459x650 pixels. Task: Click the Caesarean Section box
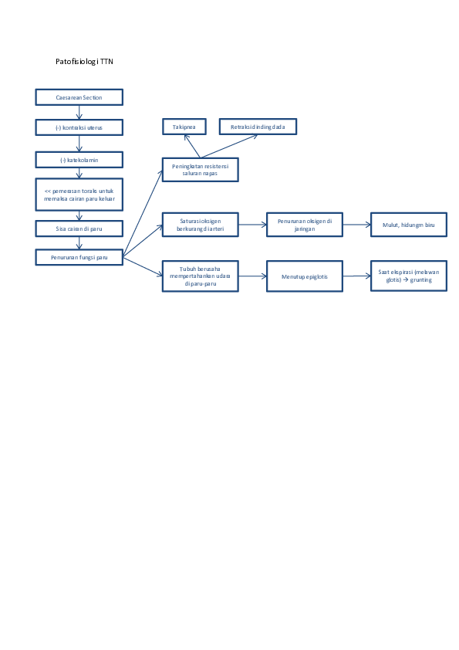[x=79, y=97]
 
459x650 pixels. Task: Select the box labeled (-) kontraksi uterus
[x=79, y=127]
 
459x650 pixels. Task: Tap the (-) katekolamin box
[x=79, y=160]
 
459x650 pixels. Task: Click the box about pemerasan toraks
[x=79, y=194]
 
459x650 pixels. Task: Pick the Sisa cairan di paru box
[x=79, y=229]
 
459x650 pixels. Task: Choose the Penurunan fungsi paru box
[x=79, y=257]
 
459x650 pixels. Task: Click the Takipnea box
[x=184, y=126]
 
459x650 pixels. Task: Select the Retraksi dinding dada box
[x=257, y=126]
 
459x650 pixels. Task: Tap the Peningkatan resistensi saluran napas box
[x=200, y=169]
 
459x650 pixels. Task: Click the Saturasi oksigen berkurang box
[x=200, y=225]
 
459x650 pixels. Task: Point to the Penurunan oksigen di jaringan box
[x=304, y=225]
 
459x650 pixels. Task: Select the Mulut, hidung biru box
[x=408, y=225]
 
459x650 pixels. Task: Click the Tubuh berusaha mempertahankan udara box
[x=200, y=276]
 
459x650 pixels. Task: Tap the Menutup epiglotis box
[x=304, y=276]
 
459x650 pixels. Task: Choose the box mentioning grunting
[x=408, y=276]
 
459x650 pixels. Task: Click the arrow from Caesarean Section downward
[x=79, y=112]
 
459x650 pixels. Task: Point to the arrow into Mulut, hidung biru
[x=356, y=225]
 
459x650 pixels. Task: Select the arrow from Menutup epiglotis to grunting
[x=356, y=276]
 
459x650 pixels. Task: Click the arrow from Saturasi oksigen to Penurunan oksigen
[x=252, y=225]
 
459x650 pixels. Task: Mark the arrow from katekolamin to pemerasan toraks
[x=79, y=173]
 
